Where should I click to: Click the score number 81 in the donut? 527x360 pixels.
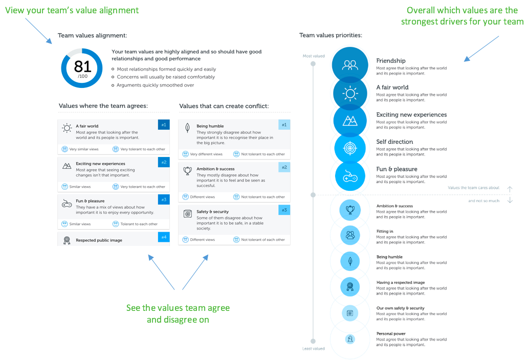(83, 66)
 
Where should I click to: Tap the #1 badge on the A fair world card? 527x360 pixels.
(164, 125)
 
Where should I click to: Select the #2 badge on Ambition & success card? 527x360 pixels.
(284, 167)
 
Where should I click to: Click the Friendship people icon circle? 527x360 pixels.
(350, 65)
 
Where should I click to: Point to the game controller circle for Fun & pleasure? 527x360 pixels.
(350, 176)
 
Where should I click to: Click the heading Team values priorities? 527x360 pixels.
(331, 35)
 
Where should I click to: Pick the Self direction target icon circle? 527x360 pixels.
(350, 148)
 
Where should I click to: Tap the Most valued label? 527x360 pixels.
(314, 56)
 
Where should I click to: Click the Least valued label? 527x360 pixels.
(314, 349)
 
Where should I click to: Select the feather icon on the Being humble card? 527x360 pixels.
(188, 128)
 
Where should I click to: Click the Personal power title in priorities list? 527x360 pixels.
(391, 333)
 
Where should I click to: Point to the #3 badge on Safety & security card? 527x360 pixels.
(284, 210)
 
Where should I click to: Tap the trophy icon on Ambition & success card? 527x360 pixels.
(188, 171)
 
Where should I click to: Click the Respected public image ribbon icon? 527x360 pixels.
(67, 240)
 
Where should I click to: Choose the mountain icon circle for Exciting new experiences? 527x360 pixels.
(350, 121)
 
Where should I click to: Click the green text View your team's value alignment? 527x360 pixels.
(72, 10)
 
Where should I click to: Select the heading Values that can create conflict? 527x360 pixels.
(224, 106)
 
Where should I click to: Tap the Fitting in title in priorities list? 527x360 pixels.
(385, 231)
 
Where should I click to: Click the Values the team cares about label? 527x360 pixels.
(474, 188)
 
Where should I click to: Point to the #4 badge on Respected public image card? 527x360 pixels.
(164, 237)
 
